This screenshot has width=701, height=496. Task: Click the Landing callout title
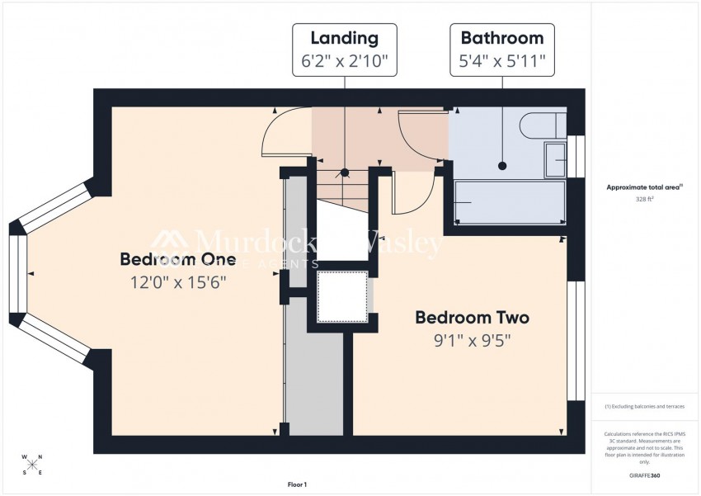click(x=344, y=38)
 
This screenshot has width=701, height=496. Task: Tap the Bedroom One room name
click(x=178, y=260)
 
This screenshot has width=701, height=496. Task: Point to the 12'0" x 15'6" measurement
click(x=178, y=282)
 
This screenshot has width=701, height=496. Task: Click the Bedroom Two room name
click(x=472, y=318)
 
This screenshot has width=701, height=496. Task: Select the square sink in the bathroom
click(x=555, y=159)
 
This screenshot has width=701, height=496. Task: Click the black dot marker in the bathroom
click(x=501, y=167)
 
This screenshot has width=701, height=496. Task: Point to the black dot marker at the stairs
click(x=345, y=173)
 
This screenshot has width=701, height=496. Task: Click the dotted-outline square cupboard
click(x=342, y=295)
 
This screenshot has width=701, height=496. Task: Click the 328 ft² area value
click(x=643, y=200)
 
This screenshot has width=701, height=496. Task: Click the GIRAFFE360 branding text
click(x=643, y=475)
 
